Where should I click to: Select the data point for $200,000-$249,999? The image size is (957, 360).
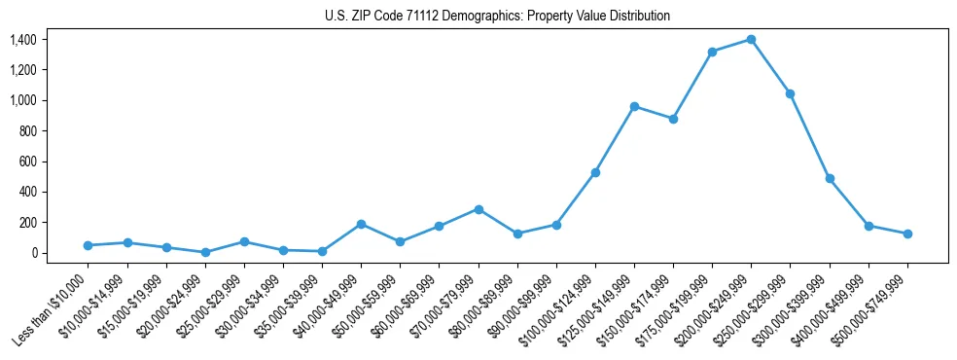tap(752, 40)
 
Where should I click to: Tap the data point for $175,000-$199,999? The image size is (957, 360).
tap(713, 52)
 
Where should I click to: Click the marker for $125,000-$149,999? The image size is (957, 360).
tap(634, 106)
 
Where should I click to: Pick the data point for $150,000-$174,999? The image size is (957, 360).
tap(673, 119)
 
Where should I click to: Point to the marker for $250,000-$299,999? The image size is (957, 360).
tap(791, 93)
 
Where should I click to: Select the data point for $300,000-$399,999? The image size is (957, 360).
tap(830, 178)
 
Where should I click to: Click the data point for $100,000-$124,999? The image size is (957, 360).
tap(595, 172)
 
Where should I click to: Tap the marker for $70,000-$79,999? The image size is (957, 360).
tap(478, 209)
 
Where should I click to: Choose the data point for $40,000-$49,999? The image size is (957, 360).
tap(361, 224)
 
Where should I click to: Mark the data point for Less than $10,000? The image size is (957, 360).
tap(88, 245)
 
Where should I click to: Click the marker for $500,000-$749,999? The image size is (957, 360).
tap(907, 234)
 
